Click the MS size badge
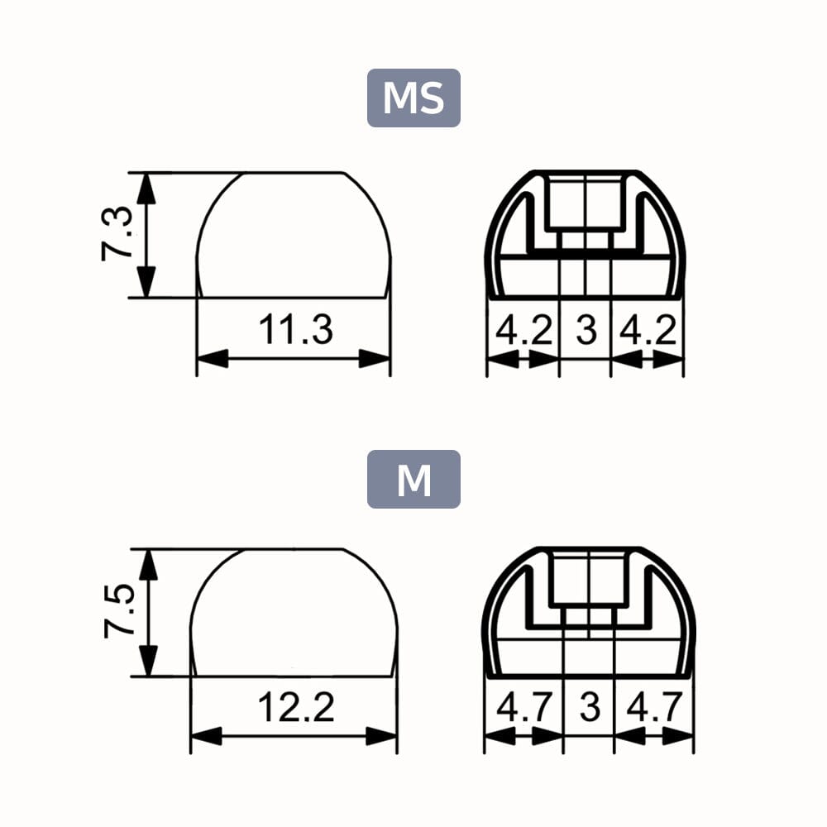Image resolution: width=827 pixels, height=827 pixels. coord(413,98)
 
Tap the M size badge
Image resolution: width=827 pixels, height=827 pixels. coord(413,479)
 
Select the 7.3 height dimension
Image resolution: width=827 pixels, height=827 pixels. coord(117,235)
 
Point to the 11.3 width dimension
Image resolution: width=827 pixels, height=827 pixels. coord(295,330)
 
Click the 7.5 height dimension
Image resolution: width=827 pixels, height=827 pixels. coord(118,612)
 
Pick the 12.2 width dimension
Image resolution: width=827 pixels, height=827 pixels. coord(295,708)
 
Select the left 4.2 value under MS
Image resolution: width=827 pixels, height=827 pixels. coord(523,331)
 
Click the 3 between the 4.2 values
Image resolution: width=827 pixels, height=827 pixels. coord(586,331)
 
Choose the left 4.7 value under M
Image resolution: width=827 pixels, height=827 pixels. coord(523,709)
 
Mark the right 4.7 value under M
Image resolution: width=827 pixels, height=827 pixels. coord(653,709)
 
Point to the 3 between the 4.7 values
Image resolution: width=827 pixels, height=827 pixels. coord(589,709)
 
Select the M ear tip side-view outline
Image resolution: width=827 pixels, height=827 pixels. coord(294,613)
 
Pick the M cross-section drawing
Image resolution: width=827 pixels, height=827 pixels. coord(589,612)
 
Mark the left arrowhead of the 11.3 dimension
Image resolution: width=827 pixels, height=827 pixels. coord(212,359)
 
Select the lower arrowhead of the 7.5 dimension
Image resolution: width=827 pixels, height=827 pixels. coord(148,661)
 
